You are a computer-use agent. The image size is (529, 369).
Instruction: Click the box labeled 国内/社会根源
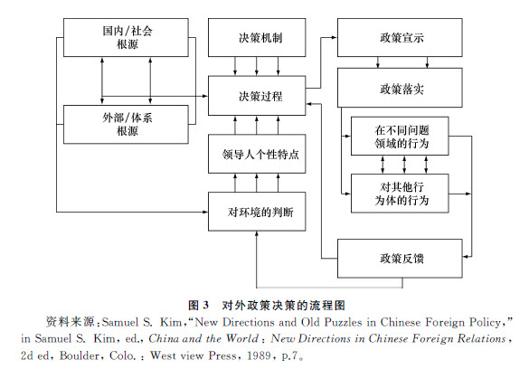126,37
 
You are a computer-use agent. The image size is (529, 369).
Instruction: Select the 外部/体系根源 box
126,125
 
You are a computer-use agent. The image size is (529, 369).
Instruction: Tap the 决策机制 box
257,37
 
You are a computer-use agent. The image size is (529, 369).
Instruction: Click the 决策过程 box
257,96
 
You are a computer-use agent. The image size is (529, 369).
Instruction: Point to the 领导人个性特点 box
257,154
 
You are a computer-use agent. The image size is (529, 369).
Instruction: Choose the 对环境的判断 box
257,212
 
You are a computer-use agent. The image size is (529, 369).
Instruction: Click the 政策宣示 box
400,37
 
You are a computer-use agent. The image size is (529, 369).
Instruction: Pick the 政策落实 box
400,88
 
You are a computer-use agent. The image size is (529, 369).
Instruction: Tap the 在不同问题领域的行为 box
400,137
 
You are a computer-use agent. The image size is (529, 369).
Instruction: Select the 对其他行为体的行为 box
400,194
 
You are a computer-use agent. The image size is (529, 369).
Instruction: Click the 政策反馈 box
400,259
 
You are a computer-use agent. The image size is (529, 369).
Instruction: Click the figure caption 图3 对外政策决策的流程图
267,306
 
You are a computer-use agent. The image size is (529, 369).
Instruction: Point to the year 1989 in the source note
259,355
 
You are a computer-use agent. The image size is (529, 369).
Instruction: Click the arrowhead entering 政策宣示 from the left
335,37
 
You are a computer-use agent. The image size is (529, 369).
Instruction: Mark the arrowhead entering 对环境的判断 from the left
204,212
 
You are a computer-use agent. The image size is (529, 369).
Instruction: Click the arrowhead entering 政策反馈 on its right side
466,257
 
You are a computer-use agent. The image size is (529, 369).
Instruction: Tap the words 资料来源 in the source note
70,322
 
